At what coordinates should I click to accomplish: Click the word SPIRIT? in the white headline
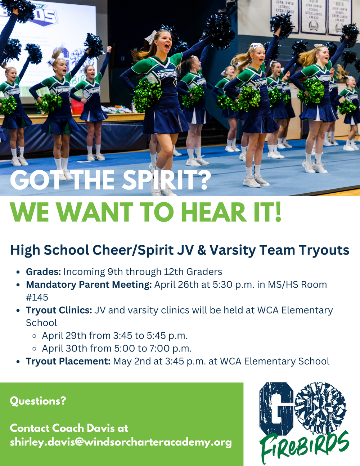[x=166, y=180]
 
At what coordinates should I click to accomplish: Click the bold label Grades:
[x=43, y=272]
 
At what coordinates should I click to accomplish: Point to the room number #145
[x=37, y=297]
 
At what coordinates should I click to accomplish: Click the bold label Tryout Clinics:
[x=59, y=310]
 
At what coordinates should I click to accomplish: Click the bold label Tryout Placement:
[x=68, y=361]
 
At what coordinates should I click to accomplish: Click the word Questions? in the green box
[x=38, y=401]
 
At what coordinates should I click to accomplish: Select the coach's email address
[x=121, y=442]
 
